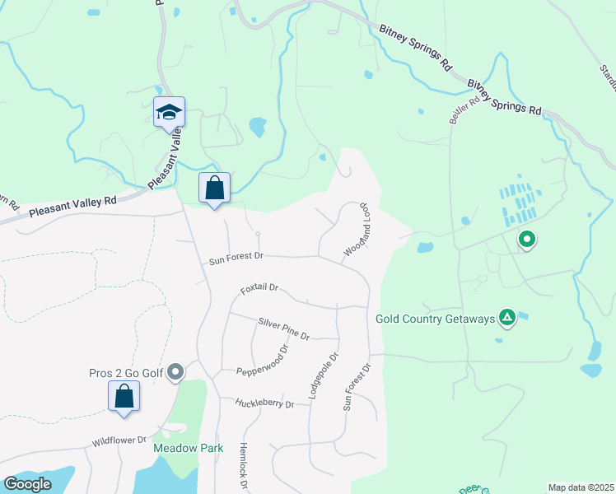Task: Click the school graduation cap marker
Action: click(169, 113)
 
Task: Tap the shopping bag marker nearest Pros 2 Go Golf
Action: click(124, 396)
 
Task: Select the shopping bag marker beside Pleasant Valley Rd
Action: click(214, 187)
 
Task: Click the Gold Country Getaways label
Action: click(435, 318)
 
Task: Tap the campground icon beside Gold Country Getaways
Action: click(508, 318)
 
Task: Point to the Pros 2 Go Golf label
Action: click(126, 373)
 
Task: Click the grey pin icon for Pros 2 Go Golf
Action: click(175, 373)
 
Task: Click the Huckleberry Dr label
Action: click(264, 403)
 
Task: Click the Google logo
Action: click(27, 484)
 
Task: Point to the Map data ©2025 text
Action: click(581, 487)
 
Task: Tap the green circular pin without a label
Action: click(527, 240)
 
